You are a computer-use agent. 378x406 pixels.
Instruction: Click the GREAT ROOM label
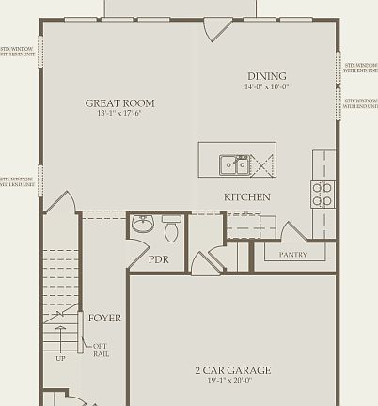pos(119,103)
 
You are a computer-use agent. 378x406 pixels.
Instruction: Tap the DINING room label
pos(267,76)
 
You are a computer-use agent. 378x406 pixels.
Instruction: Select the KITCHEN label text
pos(246,197)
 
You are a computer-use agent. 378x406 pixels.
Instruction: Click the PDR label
pos(159,259)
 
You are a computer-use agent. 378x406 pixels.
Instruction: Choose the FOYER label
pos(104,319)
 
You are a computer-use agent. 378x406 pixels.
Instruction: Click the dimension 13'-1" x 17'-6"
pos(119,115)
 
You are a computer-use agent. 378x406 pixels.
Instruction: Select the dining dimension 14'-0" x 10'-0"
pos(267,86)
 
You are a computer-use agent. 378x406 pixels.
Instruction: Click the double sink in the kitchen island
pos(234,165)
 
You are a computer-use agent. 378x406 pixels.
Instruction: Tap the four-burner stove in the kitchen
pos(322,194)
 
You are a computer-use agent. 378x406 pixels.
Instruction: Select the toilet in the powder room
pos(171,228)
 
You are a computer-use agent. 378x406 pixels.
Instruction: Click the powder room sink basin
pos(142,225)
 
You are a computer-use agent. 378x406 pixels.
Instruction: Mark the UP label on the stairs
pos(60,358)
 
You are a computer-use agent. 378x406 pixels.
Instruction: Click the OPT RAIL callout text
pos(101,350)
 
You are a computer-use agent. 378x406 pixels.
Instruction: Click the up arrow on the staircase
pos(61,339)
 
